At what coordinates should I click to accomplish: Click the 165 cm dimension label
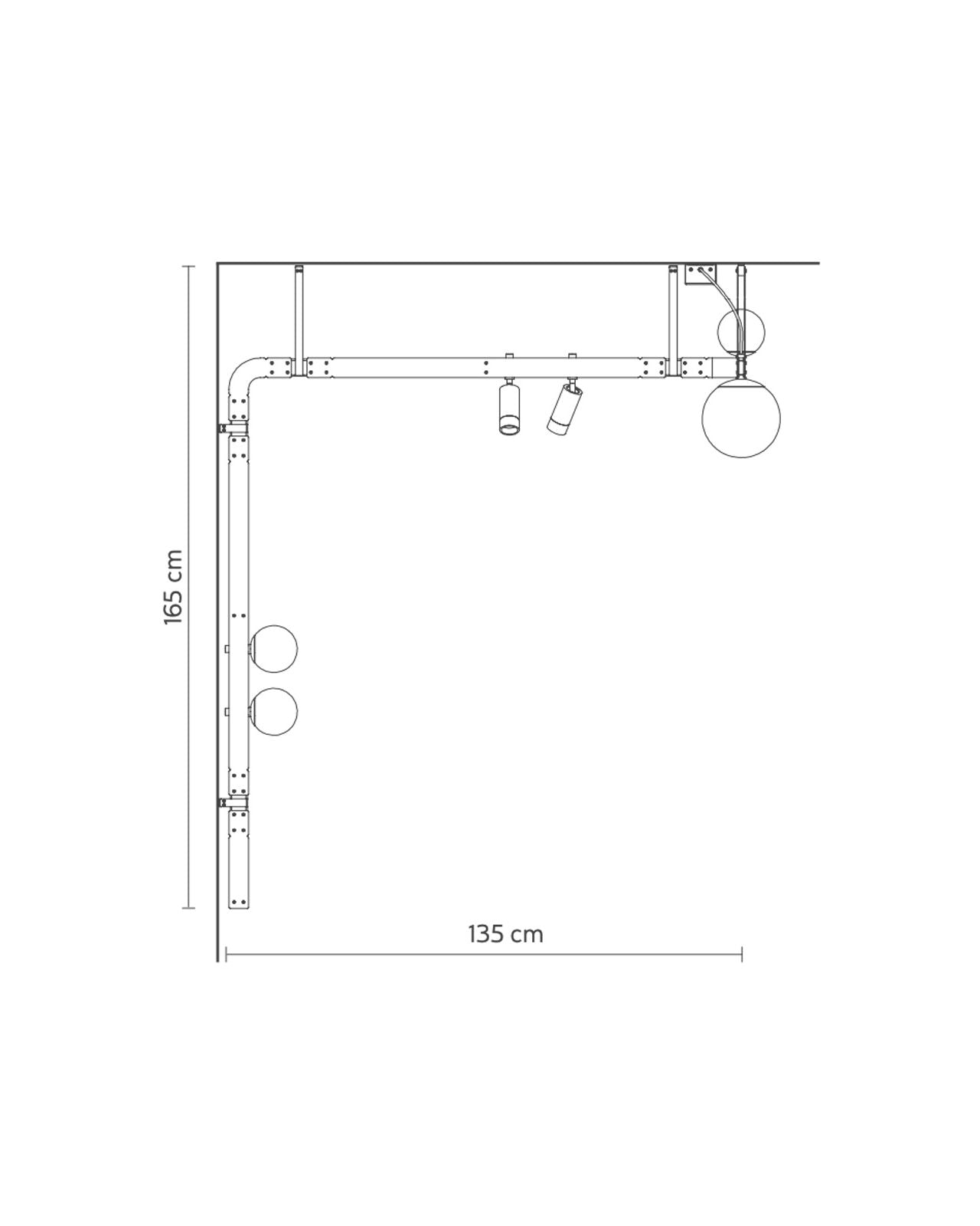pyautogui.click(x=173, y=586)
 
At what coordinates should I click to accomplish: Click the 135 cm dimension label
pyautogui.click(x=505, y=934)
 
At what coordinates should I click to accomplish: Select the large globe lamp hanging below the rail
pyautogui.click(x=741, y=418)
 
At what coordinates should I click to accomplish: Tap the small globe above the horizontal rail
pyautogui.click(x=741, y=332)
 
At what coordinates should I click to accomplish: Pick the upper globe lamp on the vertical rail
pyautogui.click(x=274, y=648)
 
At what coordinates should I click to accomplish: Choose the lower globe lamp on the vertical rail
pyautogui.click(x=274, y=711)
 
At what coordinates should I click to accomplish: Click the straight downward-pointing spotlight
pyautogui.click(x=509, y=409)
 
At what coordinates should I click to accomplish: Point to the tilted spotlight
pyautogui.click(x=564, y=408)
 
